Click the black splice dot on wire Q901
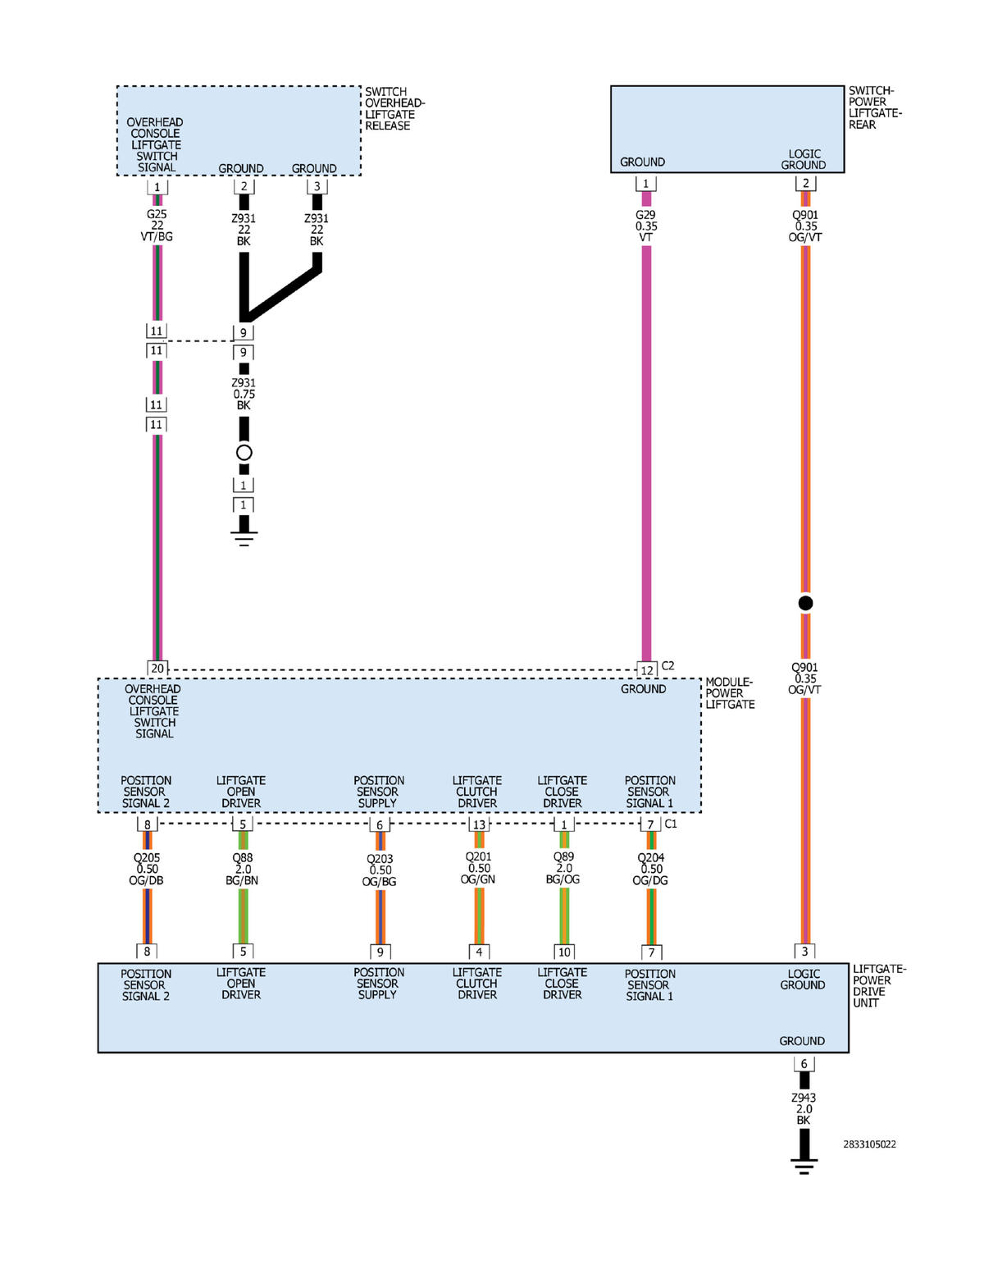point(805,603)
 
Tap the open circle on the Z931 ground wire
point(244,453)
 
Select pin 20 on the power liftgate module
point(157,669)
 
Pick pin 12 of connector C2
point(647,670)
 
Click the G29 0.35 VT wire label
point(646,226)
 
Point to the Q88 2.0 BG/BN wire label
point(243,869)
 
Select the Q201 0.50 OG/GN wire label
point(479,868)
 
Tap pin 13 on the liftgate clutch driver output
point(479,824)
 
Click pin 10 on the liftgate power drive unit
point(564,952)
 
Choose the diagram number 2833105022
point(869,1144)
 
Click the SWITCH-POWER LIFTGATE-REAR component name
point(874,108)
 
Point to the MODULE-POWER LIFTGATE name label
point(730,693)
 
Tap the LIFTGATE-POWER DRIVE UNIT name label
point(879,986)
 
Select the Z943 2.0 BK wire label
point(804,1109)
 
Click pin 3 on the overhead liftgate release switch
point(317,186)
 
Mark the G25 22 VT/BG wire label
point(157,226)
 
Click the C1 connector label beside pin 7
point(671,824)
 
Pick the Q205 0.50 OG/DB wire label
point(147,869)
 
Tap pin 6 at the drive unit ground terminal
point(804,1064)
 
